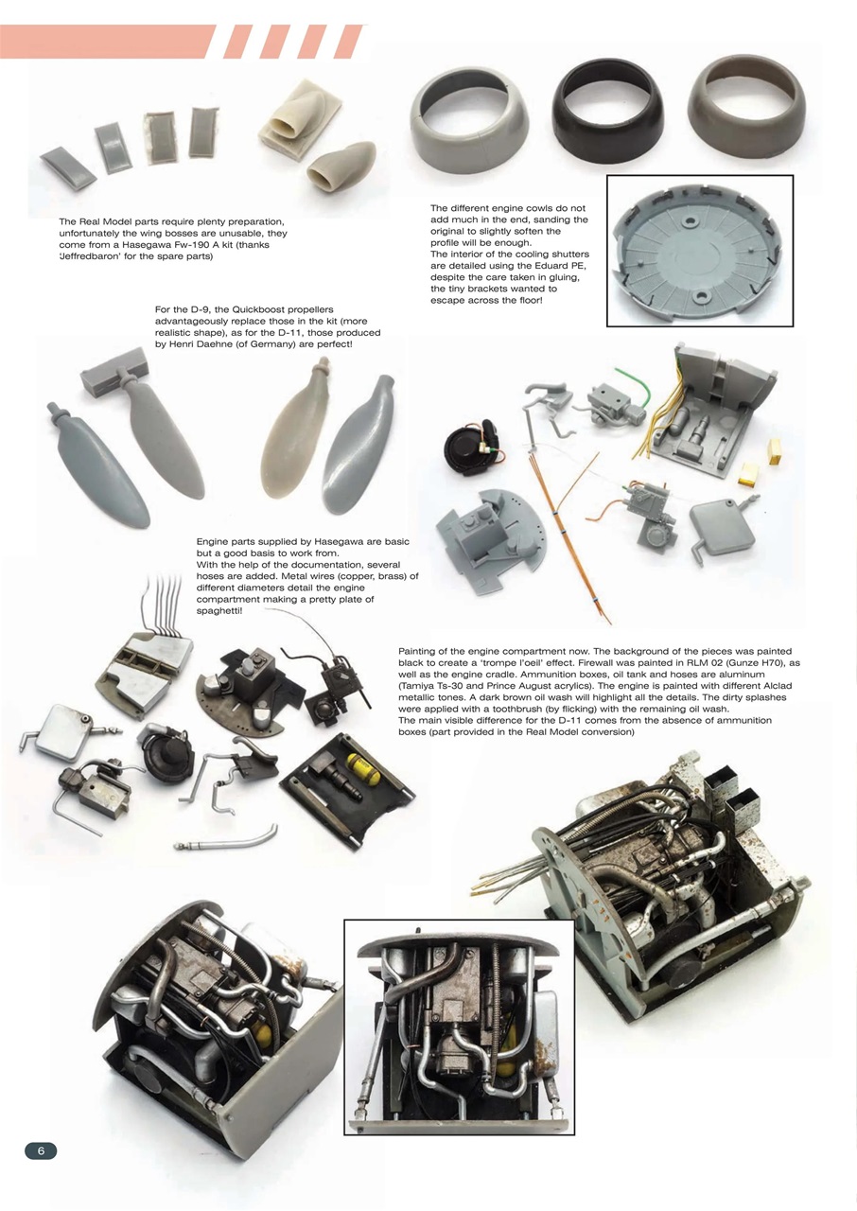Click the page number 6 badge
41,1150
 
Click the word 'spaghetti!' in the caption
219,611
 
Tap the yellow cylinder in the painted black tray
363,769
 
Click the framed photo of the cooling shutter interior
699,251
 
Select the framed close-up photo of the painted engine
459,1027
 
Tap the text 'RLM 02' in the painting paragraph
653,664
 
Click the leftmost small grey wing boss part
68,167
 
